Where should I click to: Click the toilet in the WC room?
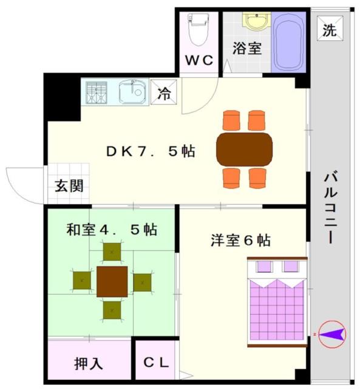tap(199, 30)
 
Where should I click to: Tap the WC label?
tap(200, 60)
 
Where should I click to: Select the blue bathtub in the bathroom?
tap(288, 42)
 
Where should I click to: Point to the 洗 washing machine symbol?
tap(330, 29)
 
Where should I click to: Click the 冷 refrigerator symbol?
tap(164, 92)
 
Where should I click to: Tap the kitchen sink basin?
tap(132, 92)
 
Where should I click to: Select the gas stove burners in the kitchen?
tap(97, 92)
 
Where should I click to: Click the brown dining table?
tap(244, 150)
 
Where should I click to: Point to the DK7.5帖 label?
tap(151, 151)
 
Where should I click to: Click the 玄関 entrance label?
tap(69, 186)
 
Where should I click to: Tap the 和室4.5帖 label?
tap(112, 230)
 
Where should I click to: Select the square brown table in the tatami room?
tap(112, 281)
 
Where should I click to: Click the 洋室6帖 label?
tap(240, 240)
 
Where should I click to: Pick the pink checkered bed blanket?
tap(277, 309)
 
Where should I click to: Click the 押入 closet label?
tap(89, 363)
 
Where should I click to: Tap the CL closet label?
tap(156, 362)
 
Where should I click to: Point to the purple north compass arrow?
tap(333, 334)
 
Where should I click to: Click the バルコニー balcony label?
tap(330, 208)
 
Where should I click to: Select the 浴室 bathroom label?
tap(247, 48)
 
